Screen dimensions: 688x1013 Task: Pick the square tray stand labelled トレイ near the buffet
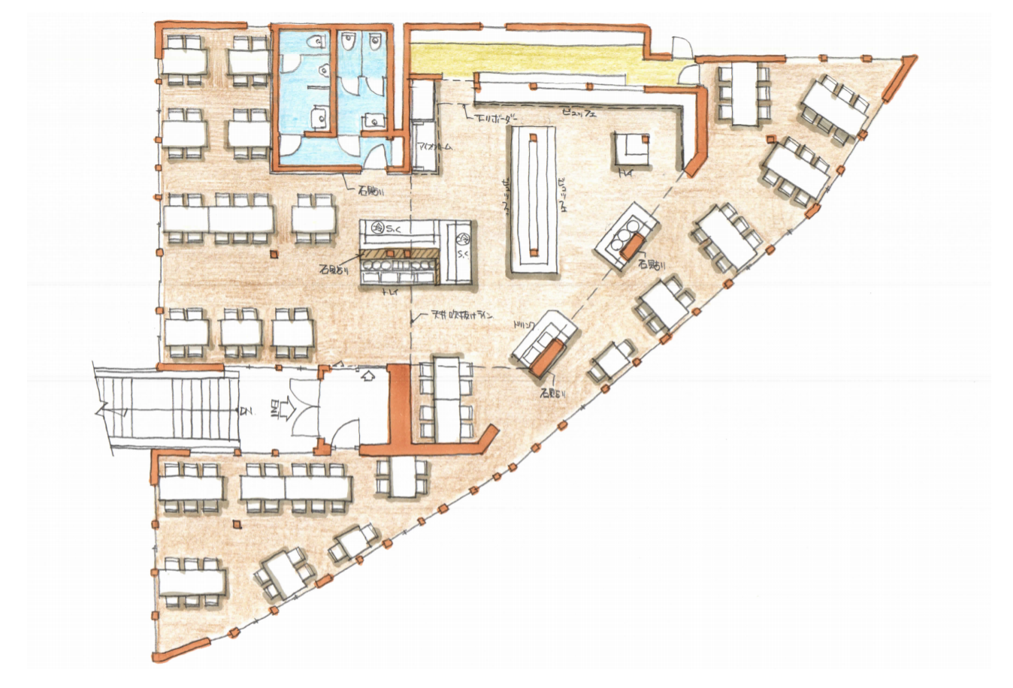point(631,148)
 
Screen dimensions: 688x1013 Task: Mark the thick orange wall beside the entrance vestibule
point(399,409)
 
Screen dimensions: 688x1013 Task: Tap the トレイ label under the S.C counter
point(391,289)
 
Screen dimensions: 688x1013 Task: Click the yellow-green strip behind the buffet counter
point(526,56)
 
